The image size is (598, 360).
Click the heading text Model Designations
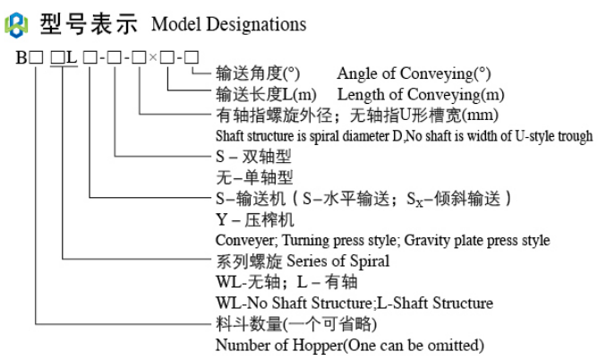coord(229,24)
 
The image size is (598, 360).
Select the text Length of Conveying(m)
coord(419,94)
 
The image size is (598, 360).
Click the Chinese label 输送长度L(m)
coord(268,94)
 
